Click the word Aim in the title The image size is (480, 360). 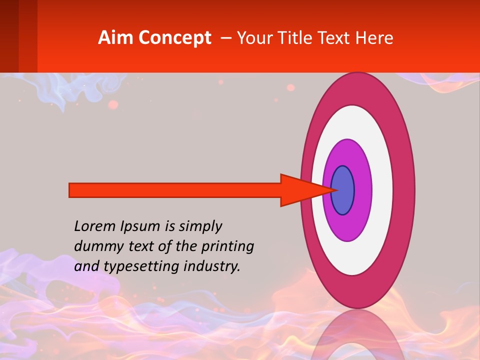pyautogui.click(x=116, y=38)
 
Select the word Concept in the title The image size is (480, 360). pyautogui.click(x=175, y=38)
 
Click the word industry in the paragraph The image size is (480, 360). pyautogui.click(x=212, y=266)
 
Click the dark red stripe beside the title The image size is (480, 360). pyautogui.click(x=9, y=36)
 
